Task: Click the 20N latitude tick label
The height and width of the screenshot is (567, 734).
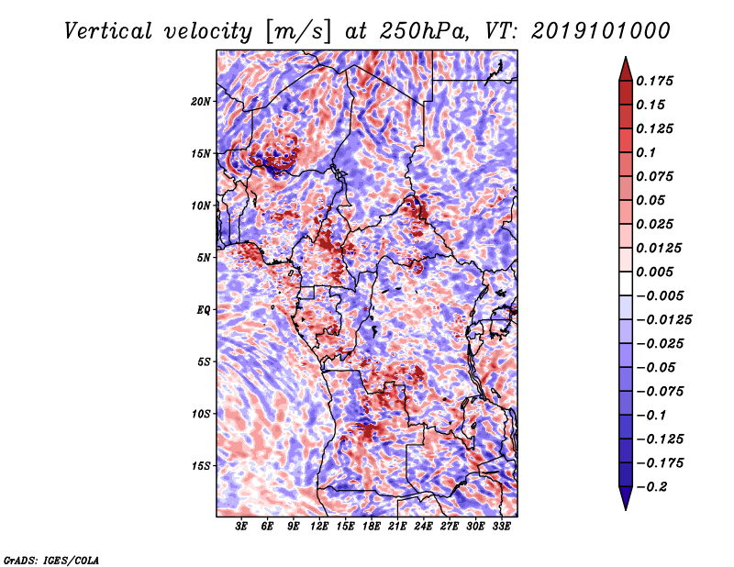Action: (201, 101)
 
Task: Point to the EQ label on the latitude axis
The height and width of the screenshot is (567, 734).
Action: (203, 309)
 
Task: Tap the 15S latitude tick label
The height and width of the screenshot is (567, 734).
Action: (201, 465)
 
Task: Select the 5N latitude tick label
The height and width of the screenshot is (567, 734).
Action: (203, 257)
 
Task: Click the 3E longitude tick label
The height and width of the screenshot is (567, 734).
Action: (242, 527)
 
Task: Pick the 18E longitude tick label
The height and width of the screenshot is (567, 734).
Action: (372, 527)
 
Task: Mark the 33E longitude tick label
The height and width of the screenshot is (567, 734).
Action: (501, 527)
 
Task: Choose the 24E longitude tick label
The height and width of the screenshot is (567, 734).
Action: (423, 527)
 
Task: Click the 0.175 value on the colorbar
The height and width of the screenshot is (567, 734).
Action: (658, 81)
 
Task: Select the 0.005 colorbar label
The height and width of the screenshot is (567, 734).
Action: (658, 272)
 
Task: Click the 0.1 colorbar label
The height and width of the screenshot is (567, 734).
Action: (650, 152)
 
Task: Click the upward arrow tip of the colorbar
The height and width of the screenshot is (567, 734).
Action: (625, 59)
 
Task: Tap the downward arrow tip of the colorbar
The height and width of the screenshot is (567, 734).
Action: (625, 507)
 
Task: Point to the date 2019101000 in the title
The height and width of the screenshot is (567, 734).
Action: (589, 30)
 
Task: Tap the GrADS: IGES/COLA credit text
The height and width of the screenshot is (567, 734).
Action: (51, 559)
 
